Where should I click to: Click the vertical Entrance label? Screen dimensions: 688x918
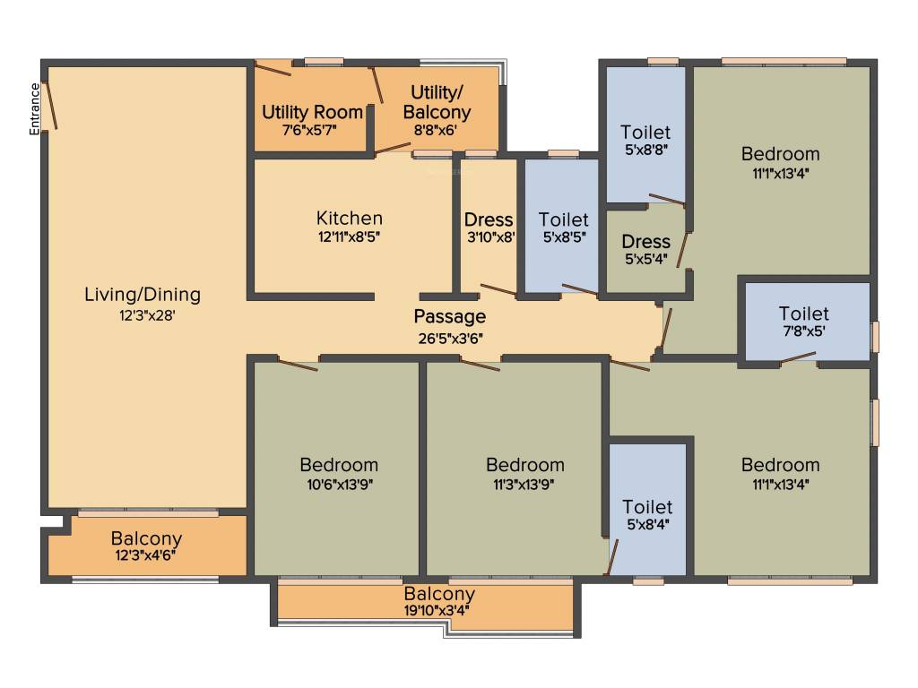[x=35, y=108]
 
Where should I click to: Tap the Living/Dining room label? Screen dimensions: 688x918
[x=143, y=294]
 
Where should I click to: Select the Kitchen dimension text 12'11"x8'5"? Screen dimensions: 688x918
[x=350, y=237]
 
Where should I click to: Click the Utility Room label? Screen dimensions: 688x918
[x=312, y=113]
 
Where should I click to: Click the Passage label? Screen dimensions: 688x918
[x=450, y=316]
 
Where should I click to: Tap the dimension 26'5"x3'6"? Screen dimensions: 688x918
[x=450, y=338]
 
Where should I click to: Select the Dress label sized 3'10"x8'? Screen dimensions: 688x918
[x=489, y=219]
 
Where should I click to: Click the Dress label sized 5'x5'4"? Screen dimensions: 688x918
[x=645, y=242]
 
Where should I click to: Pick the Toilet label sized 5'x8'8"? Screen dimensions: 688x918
[x=645, y=133]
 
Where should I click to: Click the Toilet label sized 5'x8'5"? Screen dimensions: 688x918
[x=563, y=219]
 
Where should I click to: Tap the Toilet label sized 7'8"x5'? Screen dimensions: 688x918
[x=803, y=314]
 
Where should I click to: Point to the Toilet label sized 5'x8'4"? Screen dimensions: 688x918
[x=647, y=507]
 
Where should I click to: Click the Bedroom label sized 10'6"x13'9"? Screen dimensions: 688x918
[x=339, y=465]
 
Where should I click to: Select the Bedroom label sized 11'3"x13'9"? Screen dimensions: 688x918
[x=525, y=465]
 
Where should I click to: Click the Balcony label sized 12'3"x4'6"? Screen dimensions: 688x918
[x=146, y=539]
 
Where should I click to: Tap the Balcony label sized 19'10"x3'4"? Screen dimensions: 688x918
[x=439, y=594]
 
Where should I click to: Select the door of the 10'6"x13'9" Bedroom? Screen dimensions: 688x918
[x=298, y=364]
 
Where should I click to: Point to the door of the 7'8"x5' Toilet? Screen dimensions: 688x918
[x=798, y=361]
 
